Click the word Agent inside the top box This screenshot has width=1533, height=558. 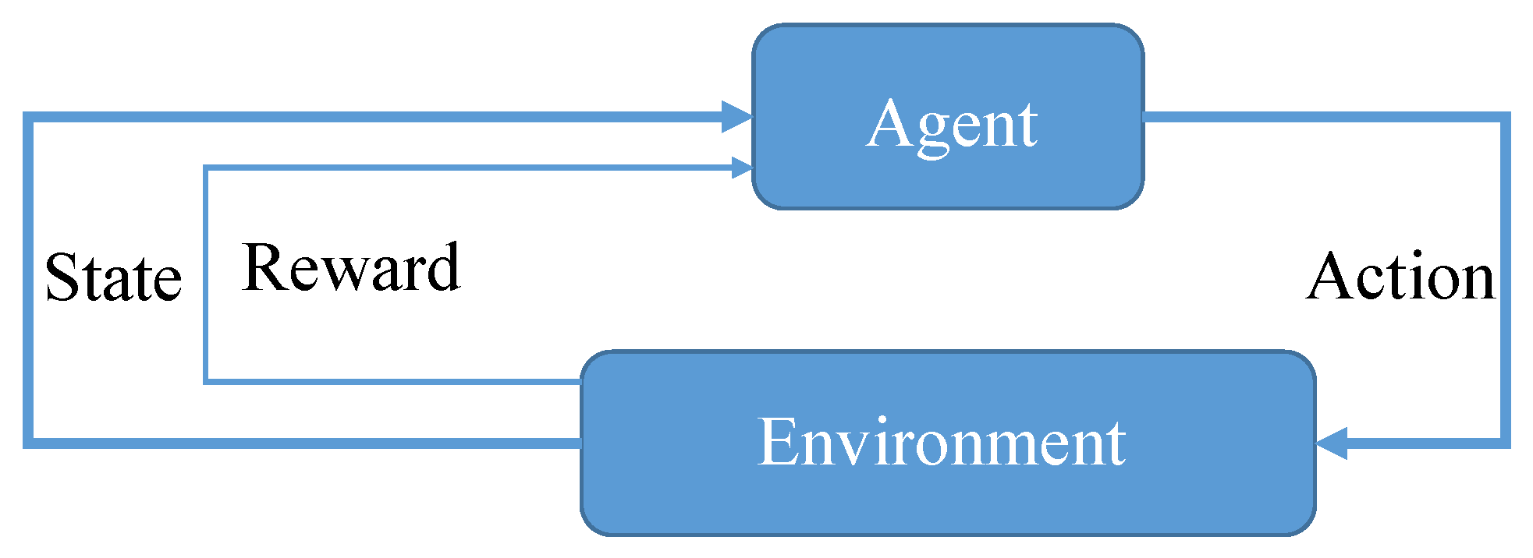tap(952, 125)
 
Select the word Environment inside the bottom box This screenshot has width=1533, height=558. tap(942, 442)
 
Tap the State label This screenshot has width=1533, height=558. tap(113, 277)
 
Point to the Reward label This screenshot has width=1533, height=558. tap(351, 269)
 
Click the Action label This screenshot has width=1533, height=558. tap(1401, 277)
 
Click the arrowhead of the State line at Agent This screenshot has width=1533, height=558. tap(736, 117)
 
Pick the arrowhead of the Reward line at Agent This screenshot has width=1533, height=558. tap(741, 168)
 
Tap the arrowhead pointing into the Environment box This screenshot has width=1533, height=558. tap(1333, 443)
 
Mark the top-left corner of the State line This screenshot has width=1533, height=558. tap(28, 117)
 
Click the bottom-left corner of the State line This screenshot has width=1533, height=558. tap(28, 443)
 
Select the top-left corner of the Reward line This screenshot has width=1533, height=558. tap(206, 168)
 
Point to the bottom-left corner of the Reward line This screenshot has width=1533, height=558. tap(206, 381)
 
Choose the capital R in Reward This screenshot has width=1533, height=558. tap(263, 269)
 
